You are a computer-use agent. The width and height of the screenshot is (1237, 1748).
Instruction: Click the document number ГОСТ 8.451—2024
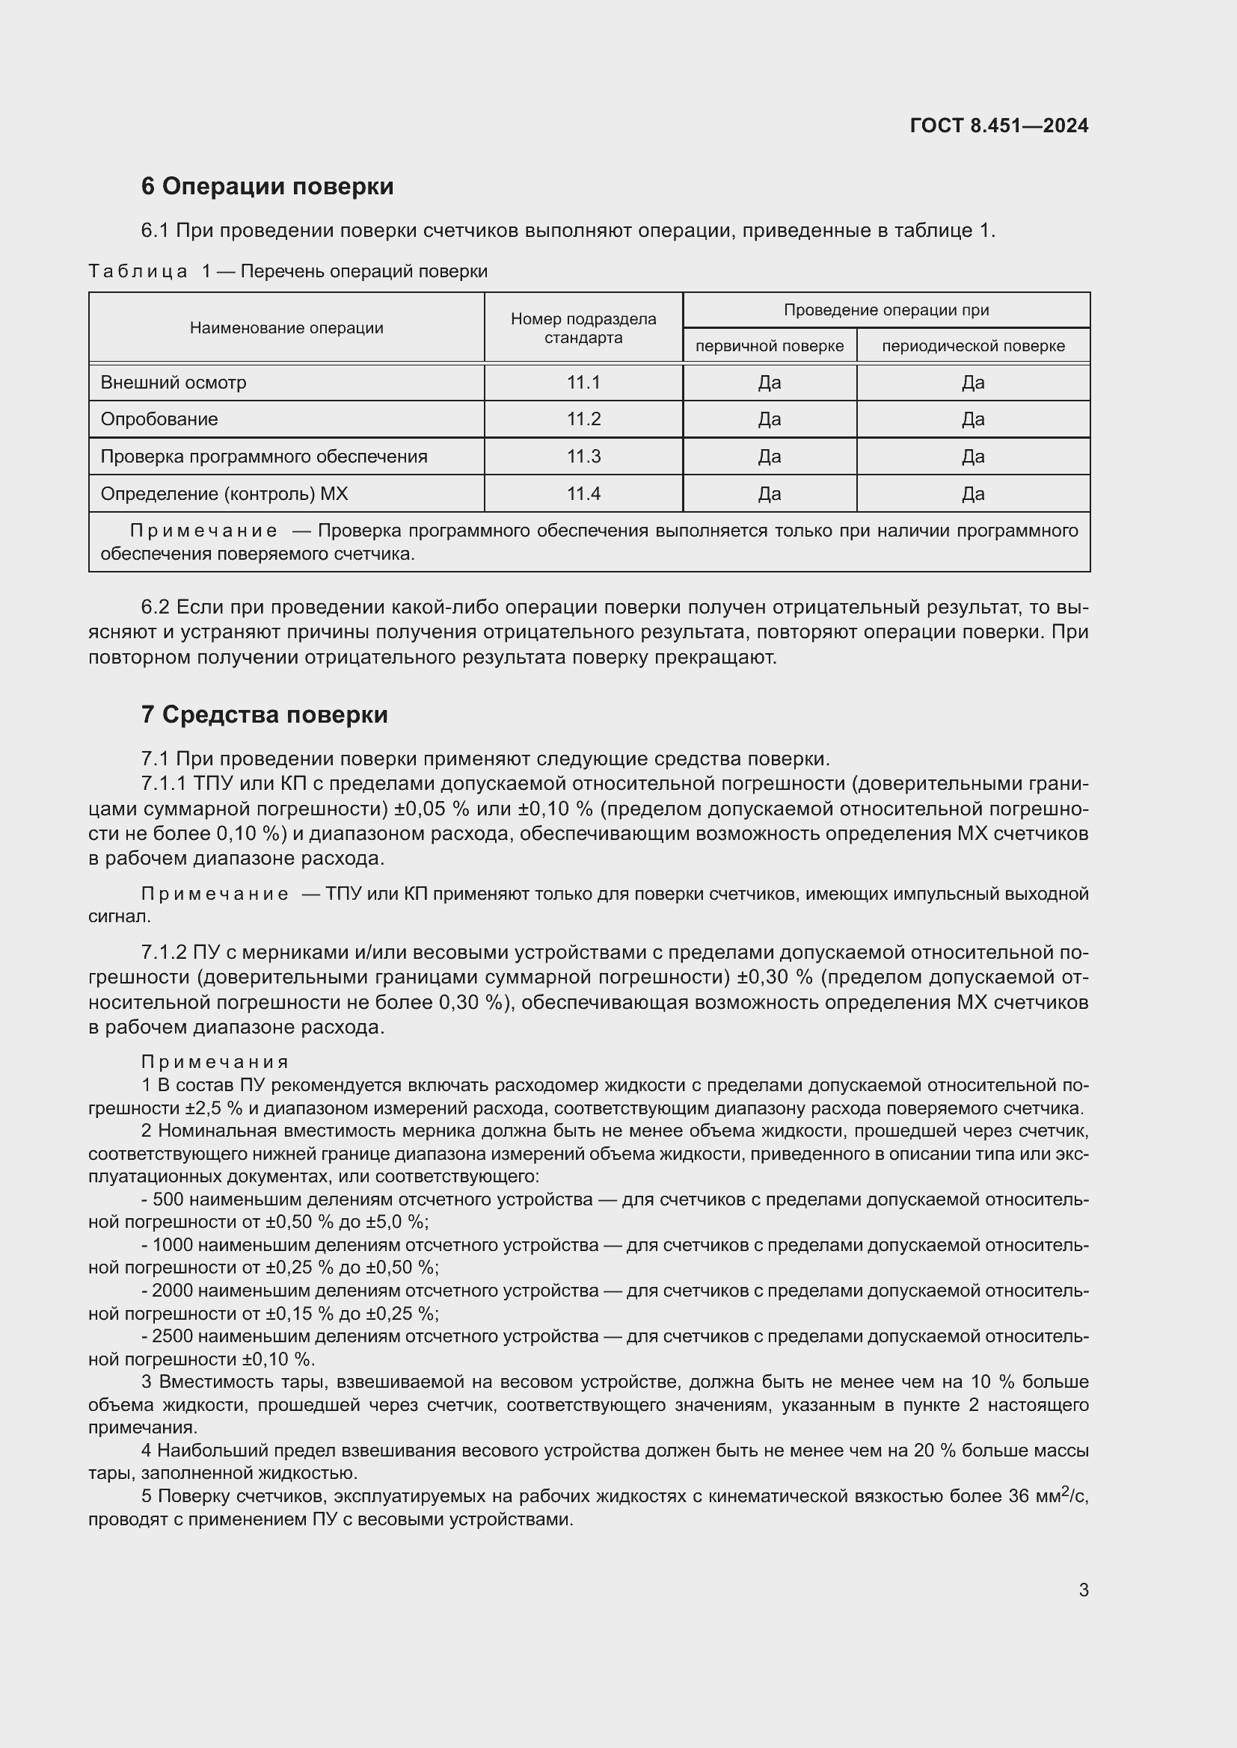(998, 126)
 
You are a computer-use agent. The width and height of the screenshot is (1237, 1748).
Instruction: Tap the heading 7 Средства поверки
(264, 715)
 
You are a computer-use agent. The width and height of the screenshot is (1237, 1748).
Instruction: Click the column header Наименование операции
(286, 328)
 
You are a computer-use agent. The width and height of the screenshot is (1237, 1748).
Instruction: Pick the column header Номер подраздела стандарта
(583, 328)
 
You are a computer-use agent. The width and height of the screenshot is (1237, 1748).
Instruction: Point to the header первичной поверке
(770, 347)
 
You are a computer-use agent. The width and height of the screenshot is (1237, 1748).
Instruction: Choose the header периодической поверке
(973, 347)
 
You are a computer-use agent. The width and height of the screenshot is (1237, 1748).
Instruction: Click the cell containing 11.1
(583, 383)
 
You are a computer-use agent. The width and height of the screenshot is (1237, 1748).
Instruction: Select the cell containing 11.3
(583, 457)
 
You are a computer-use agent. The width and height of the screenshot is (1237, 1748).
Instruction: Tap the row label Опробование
(159, 419)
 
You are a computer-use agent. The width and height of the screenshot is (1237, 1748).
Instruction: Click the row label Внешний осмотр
(174, 383)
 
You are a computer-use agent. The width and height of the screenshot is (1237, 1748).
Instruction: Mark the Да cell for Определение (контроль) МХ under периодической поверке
(973, 494)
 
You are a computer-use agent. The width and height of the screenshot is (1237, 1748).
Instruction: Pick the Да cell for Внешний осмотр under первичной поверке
(770, 383)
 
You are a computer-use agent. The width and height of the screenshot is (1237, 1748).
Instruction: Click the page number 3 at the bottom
(1083, 1590)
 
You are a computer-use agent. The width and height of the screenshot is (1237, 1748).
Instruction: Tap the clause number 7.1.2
(164, 953)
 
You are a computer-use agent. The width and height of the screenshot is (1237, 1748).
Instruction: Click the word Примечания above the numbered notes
(215, 1062)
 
